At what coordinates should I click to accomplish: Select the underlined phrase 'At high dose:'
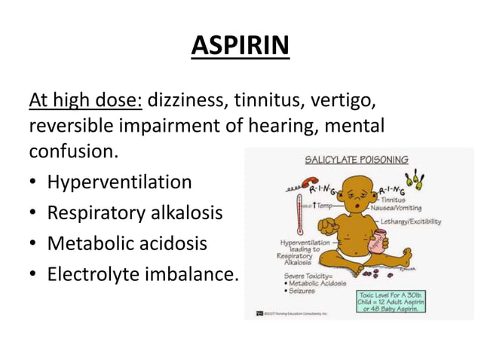click(85, 99)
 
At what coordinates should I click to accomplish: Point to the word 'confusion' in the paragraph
click(72, 151)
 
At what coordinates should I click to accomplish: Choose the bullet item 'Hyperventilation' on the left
click(119, 182)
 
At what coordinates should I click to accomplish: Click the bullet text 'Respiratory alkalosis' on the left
click(135, 213)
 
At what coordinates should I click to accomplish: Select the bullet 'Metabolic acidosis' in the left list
click(127, 244)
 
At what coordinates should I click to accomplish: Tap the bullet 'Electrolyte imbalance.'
click(142, 275)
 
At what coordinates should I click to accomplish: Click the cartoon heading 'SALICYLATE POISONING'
click(357, 160)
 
